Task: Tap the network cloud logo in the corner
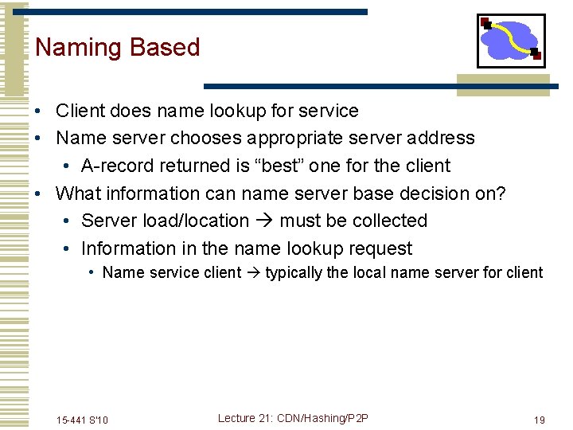pos(511,41)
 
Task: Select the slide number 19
pos(539,420)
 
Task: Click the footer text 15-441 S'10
pos(83,420)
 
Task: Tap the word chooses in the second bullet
pos(205,138)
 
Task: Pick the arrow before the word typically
pos(253,273)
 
